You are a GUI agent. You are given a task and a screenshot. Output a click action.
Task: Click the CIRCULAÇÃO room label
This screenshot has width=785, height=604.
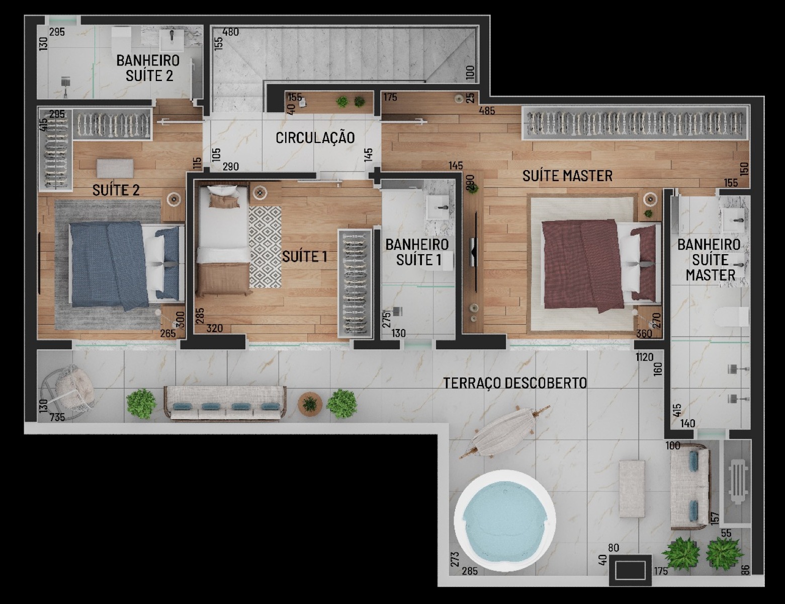tap(315, 138)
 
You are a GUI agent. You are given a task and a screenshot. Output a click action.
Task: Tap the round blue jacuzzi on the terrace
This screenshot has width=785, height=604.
tap(505, 520)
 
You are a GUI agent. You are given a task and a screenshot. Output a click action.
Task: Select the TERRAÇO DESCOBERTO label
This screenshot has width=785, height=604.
tap(515, 383)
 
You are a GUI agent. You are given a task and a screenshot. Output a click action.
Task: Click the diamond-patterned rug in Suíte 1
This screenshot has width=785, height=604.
tap(265, 247)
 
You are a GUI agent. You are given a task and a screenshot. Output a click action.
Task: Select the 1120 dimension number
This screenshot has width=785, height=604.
tap(645, 357)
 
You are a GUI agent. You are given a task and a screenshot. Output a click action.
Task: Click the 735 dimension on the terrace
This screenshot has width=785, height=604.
tap(57, 417)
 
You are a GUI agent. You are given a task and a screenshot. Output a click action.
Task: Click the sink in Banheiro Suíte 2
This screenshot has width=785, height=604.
tap(171, 40)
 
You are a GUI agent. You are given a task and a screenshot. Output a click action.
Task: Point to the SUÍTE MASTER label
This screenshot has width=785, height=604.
tap(568, 176)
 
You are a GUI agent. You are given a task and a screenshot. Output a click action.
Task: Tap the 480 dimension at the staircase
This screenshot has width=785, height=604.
tap(230, 32)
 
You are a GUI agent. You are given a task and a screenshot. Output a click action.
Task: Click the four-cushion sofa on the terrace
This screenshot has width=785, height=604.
tap(225, 404)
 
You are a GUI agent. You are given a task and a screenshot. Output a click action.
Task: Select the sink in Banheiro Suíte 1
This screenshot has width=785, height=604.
tap(438, 207)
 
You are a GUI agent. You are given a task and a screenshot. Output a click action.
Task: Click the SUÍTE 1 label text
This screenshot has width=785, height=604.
tap(305, 257)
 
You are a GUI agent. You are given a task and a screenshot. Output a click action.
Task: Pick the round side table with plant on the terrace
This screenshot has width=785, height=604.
tap(310, 403)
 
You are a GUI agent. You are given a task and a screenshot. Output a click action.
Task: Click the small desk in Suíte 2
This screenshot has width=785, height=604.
tap(115, 169)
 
